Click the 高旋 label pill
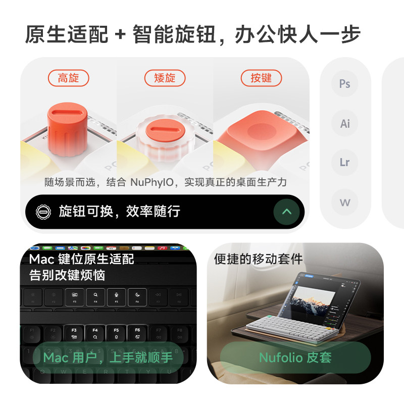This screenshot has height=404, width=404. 69,78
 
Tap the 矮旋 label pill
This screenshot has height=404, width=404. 165,78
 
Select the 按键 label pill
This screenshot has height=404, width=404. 261,78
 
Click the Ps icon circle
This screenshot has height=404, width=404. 345,84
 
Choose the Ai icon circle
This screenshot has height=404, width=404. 345,123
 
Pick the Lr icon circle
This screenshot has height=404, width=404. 345,163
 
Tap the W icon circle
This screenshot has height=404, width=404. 345,203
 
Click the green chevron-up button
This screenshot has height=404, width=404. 286,212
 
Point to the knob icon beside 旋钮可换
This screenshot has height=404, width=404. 44,212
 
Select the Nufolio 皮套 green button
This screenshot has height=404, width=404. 295,358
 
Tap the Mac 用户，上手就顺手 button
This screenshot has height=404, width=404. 108,358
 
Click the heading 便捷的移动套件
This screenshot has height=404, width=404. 258,259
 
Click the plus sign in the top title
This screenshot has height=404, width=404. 120,35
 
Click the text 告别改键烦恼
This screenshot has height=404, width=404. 67,276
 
